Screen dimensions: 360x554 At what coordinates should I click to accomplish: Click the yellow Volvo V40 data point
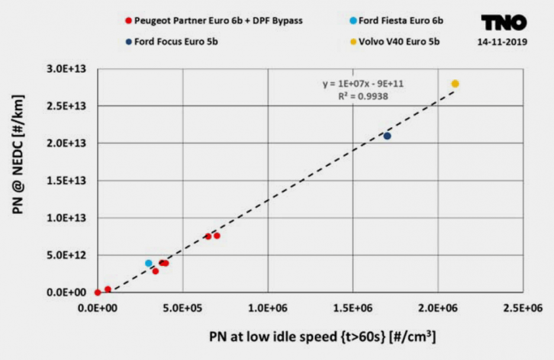pyautogui.click(x=455, y=83)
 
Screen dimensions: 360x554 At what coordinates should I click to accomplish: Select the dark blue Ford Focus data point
pyautogui.click(x=387, y=136)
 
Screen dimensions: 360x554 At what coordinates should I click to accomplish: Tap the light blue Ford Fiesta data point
pyautogui.click(x=149, y=263)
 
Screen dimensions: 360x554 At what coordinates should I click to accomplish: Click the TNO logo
pyautogui.click(x=503, y=23)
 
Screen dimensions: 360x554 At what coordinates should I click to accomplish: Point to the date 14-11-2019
pyautogui.click(x=503, y=42)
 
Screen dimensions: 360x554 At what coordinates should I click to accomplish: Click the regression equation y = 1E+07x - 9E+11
pyautogui.click(x=363, y=84)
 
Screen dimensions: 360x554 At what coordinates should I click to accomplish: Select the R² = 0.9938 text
pyautogui.click(x=363, y=96)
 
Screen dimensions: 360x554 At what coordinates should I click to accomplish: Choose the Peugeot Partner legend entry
pyautogui.click(x=214, y=21)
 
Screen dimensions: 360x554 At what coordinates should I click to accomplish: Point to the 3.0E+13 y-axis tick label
pyautogui.click(x=67, y=69)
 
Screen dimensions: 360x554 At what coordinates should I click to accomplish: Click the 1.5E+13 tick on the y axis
pyautogui.click(x=67, y=181)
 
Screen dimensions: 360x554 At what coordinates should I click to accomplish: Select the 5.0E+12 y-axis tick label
pyautogui.click(x=67, y=255)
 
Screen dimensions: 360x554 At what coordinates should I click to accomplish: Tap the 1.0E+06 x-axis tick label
pyautogui.click(x=268, y=307)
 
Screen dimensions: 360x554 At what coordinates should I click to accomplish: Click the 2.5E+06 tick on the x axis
pyautogui.click(x=523, y=307)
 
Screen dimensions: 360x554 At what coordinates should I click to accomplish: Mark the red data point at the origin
pyautogui.click(x=98, y=292)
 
